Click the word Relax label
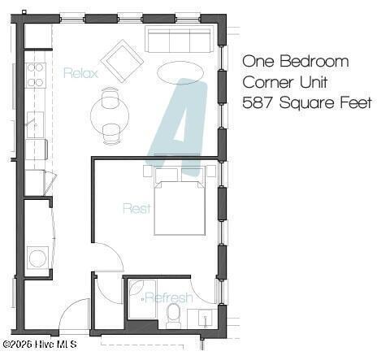coord(80,73)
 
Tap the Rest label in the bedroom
coord(136,208)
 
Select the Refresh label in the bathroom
coord(169,297)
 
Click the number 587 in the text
coord(258,102)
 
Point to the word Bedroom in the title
coord(314,61)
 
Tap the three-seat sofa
coord(179,39)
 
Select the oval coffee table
coord(180,72)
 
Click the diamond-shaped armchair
coord(122,61)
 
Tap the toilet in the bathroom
coord(173,316)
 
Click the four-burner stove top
coord(36,75)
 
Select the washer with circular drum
coord(37,258)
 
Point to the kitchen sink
coord(35,124)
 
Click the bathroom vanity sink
coord(206,318)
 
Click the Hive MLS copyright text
coord(40,345)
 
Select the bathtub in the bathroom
coord(142,299)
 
